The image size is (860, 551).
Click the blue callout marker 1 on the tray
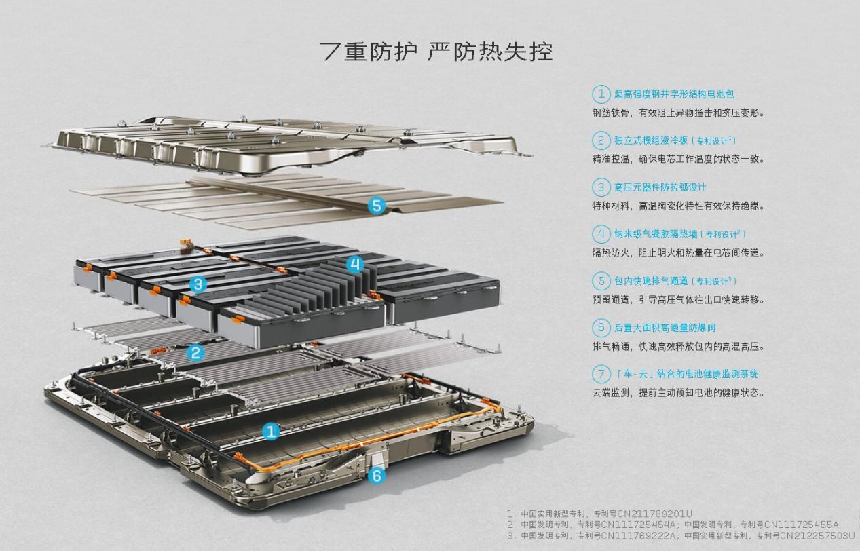(271, 432)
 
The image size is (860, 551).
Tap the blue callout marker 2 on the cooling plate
(195, 352)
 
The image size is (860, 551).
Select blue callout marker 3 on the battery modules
(198, 284)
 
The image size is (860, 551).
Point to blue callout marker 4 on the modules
(355, 264)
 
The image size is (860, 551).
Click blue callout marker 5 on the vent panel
(376, 206)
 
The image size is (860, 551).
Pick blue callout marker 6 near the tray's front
(377, 476)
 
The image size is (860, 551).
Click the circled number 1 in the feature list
(601, 94)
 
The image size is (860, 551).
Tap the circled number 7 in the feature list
(601, 374)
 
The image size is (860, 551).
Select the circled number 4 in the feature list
(601, 234)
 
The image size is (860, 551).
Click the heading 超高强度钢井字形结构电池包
(674, 94)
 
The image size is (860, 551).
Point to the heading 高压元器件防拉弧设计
(660, 187)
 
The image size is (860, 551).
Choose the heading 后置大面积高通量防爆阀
(665, 328)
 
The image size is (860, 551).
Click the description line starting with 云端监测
(678, 393)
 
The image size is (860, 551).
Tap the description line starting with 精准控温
(678, 159)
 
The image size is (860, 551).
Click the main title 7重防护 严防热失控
(436, 52)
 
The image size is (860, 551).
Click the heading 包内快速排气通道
(651, 281)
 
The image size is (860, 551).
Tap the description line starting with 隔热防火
(678, 253)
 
